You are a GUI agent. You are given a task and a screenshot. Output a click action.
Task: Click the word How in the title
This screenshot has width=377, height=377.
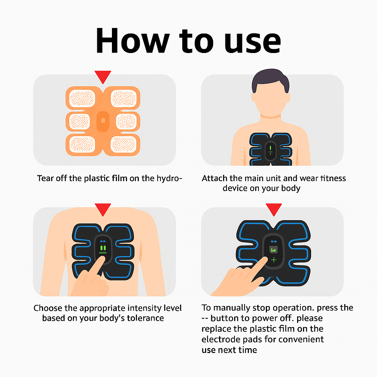(x=133, y=40)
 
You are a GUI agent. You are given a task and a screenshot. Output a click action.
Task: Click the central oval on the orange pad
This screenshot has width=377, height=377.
(x=103, y=121)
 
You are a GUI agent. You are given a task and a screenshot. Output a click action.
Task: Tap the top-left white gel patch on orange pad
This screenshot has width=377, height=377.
(x=82, y=98)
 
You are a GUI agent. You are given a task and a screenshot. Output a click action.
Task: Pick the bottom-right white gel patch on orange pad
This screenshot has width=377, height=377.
(x=123, y=144)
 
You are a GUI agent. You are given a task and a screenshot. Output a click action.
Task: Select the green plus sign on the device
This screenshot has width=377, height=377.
(x=274, y=260)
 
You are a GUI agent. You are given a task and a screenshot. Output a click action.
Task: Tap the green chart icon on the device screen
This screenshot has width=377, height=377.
(x=274, y=250)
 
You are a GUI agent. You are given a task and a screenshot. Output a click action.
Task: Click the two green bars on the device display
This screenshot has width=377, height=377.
(x=103, y=248)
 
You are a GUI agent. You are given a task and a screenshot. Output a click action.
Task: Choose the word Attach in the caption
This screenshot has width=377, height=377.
(x=215, y=179)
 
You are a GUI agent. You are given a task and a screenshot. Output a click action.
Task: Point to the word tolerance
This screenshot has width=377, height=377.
(x=145, y=318)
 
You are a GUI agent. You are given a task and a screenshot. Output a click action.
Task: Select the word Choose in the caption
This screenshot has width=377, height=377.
(x=47, y=308)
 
